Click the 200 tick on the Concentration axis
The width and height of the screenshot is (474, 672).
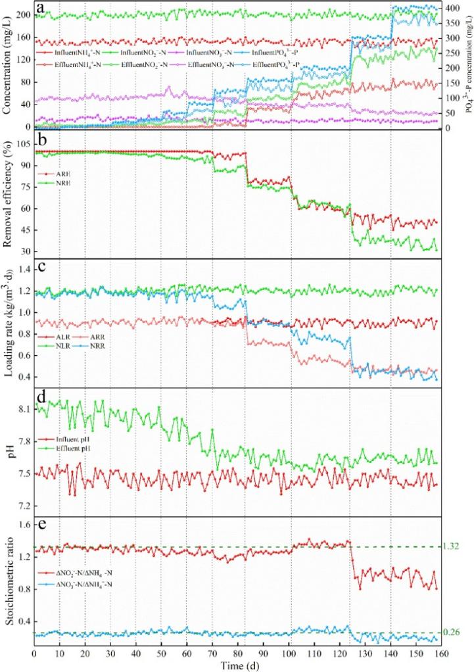coord(22,14)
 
